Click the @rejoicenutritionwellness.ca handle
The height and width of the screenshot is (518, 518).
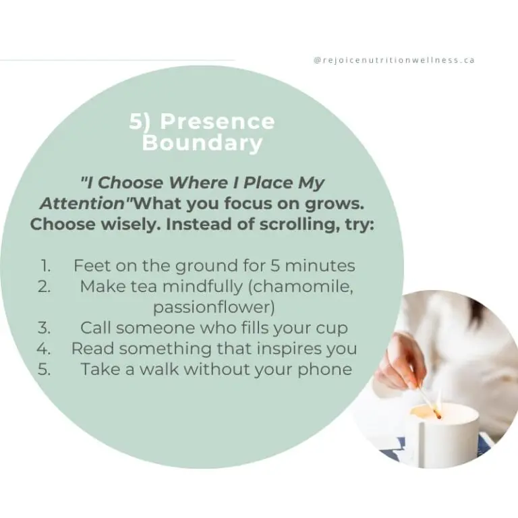pyautogui.click(x=395, y=60)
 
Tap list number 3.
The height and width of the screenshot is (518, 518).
pyautogui.click(x=45, y=328)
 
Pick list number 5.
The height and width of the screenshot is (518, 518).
pyautogui.click(x=45, y=369)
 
